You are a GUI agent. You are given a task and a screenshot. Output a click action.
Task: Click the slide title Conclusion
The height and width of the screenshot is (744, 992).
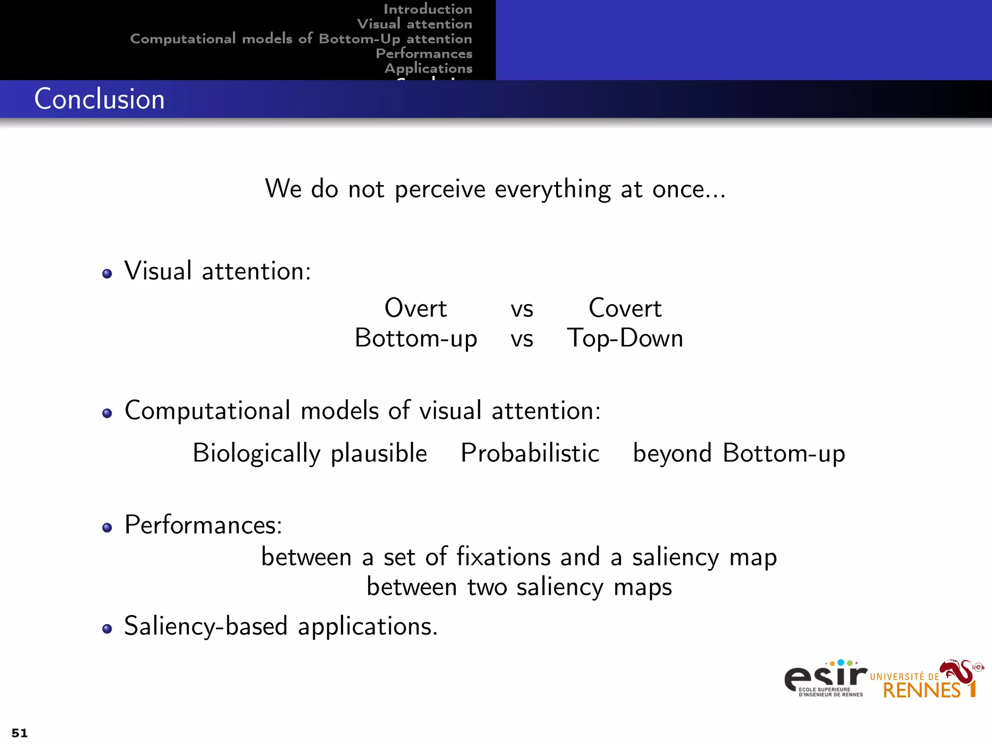pos(99,99)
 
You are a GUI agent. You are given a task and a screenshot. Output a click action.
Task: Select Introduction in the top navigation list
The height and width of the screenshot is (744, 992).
pos(427,9)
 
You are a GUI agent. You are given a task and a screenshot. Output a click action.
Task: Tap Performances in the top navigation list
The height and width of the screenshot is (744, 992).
pos(424,53)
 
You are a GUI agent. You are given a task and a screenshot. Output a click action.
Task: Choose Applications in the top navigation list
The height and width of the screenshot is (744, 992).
pos(428,68)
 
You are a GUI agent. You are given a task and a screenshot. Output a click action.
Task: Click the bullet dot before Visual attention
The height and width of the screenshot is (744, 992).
pos(107,274)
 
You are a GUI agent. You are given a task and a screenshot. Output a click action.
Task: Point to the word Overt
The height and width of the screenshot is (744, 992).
pos(416,309)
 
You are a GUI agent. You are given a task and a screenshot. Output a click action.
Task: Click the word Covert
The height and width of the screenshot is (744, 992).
pos(625,309)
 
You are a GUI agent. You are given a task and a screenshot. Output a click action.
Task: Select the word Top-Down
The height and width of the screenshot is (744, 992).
pos(625,338)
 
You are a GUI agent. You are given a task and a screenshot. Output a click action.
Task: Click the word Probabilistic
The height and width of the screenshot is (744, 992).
pos(530,453)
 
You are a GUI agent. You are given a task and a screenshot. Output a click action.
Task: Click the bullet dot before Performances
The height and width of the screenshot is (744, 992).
pos(107,527)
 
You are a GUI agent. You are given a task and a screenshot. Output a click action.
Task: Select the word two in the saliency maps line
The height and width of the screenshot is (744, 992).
pos(487,587)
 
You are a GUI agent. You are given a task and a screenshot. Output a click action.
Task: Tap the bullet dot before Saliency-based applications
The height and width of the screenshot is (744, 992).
pos(107,629)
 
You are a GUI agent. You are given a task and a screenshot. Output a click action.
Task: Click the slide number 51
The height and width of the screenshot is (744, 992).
pos(19,733)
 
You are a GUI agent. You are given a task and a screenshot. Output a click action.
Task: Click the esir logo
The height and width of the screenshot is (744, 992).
pos(825,678)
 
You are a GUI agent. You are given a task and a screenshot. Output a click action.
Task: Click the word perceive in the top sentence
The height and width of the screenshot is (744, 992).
pos(440,189)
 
